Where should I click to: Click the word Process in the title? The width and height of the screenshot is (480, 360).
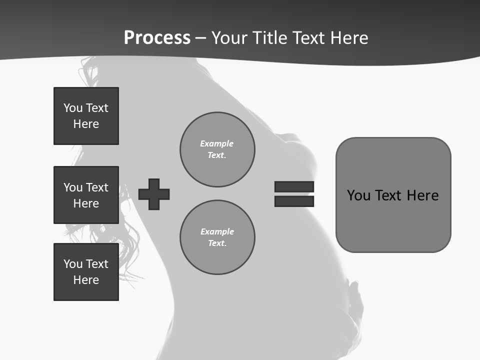(157, 38)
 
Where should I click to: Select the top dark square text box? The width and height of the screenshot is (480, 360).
(86, 116)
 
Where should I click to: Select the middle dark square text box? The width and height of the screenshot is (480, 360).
(86, 195)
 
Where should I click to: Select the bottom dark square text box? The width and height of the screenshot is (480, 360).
(86, 272)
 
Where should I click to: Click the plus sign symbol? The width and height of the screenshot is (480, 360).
(154, 194)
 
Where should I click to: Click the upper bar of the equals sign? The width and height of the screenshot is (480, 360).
(294, 186)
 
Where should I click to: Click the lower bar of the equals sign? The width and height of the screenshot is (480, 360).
(294, 201)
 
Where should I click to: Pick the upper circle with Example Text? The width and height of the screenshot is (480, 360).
(217, 149)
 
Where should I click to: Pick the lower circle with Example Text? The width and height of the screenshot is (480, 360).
(217, 237)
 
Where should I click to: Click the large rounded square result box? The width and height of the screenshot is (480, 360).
(393, 195)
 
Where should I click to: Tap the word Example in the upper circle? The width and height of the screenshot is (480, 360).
(216, 143)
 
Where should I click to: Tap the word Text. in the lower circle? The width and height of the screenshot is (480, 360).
(217, 243)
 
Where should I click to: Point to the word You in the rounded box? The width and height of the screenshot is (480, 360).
(358, 195)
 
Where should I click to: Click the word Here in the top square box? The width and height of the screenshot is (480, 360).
(86, 124)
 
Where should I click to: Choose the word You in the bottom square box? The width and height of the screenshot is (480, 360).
(73, 264)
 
